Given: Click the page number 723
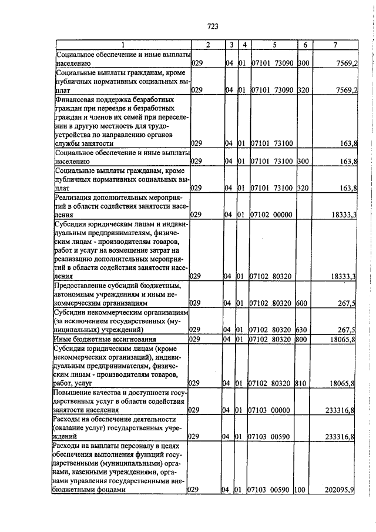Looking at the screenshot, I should click(213, 26).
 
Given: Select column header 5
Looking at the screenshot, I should click(274, 45).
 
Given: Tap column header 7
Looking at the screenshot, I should click(335, 45).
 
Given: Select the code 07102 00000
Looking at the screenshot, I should click(271, 215).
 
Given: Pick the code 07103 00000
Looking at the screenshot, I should click(271, 409).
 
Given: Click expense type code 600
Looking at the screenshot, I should click(303, 303).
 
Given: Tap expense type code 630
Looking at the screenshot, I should click(303, 330).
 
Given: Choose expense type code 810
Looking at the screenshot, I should click(303, 383).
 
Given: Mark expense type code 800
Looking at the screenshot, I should click(303, 339).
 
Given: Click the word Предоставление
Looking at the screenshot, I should click(83, 286).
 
